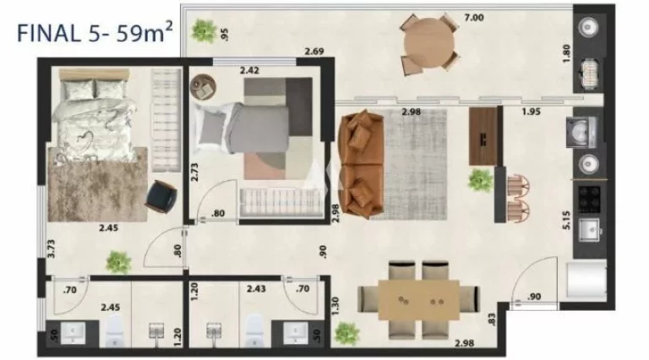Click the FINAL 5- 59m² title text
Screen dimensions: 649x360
pos(95,33)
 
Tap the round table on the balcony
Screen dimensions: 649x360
pos(428,43)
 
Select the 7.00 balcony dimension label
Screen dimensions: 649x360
pos(474,18)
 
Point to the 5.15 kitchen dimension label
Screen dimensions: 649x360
pos(566,220)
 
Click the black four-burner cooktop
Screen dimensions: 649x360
pos(589,199)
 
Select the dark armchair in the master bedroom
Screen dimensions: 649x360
pos(161,197)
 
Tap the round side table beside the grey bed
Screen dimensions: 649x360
pos(203,86)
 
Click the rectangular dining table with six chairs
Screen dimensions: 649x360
pos(418,300)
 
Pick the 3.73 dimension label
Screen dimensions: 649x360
pos(51,248)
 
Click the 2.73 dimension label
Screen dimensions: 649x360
pos(194,172)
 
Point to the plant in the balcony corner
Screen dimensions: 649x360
pos(204,30)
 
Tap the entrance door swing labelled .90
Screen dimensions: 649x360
pos(534,282)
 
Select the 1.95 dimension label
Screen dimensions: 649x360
pos(531,112)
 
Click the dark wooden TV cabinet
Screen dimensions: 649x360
pos(483,136)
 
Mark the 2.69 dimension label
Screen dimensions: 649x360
pos(314,52)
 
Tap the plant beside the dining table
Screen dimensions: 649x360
pos(346,333)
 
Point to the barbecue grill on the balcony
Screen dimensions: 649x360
pos(588,74)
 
